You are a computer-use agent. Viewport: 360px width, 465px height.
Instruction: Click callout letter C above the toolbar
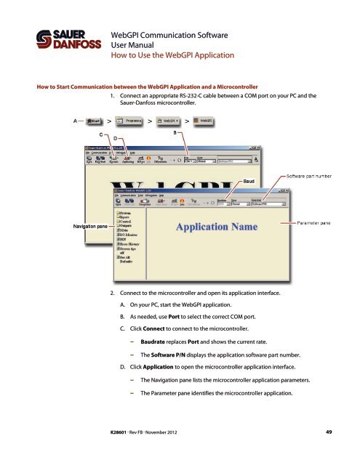pyautogui.click(x=100, y=134)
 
